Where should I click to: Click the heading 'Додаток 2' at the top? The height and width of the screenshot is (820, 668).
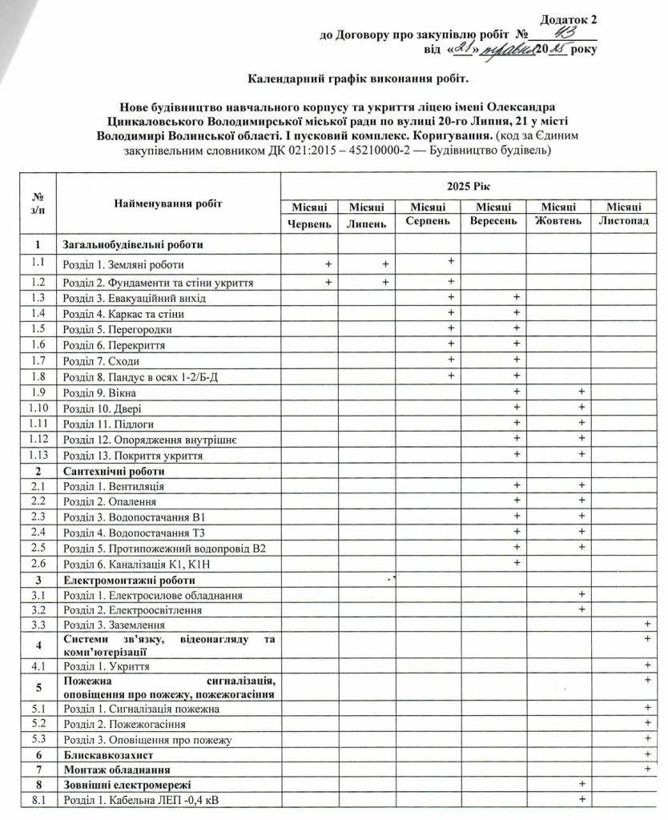568,18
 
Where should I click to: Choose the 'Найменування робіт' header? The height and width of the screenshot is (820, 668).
167,204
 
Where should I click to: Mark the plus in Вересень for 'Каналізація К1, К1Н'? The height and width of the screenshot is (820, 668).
517,563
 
